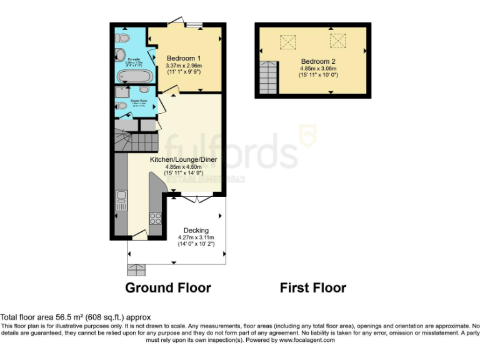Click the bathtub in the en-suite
[x=134, y=77]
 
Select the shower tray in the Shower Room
[x=121, y=92]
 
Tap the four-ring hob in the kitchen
[x=155, y=219]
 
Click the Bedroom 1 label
[x=183, y=58]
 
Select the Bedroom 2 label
[x=318, y=61]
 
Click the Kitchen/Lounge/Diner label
[x=183, y=159]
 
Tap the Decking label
[x=196, y=231]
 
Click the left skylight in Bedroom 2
[x=288, y=42]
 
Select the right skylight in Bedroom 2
[x=337, y=41]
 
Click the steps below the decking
[x=136, y=269]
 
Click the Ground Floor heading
[x=168, y=288]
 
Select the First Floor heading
[x=312, y=288]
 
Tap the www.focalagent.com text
[x=307, y=340]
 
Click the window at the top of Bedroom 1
[x=194, y=25]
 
